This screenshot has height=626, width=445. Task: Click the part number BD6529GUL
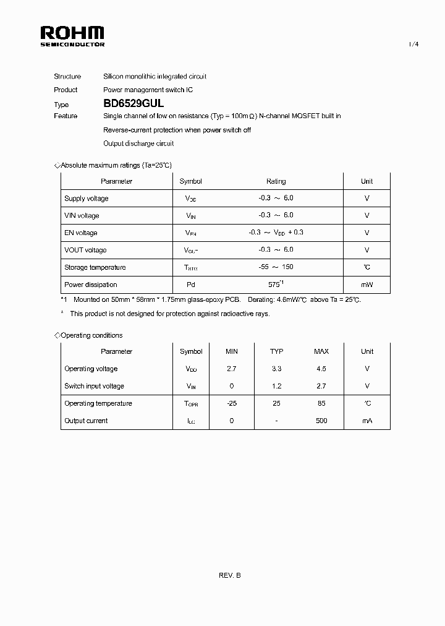[133, 105]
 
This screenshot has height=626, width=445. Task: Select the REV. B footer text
[229, 575]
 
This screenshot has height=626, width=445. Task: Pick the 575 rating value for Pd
[274, 285]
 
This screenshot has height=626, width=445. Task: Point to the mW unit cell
[367, 285]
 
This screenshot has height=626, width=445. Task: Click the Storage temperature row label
[95, 267]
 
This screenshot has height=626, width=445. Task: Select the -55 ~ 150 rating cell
[276, 267]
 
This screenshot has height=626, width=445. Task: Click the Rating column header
[276, 181]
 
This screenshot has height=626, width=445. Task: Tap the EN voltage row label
[81, 233]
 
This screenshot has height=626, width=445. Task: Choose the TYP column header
[276, 351]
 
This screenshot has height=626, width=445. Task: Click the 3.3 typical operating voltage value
[276, 369]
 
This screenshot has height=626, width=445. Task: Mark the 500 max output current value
[321, 421]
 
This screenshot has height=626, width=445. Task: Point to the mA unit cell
[367, 421]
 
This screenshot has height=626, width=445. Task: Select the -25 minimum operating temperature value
[231, 403]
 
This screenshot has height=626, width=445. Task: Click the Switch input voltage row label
[94, 386]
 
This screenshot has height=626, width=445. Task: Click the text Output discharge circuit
[138, 144]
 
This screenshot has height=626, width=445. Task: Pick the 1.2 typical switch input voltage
[276, 386]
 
